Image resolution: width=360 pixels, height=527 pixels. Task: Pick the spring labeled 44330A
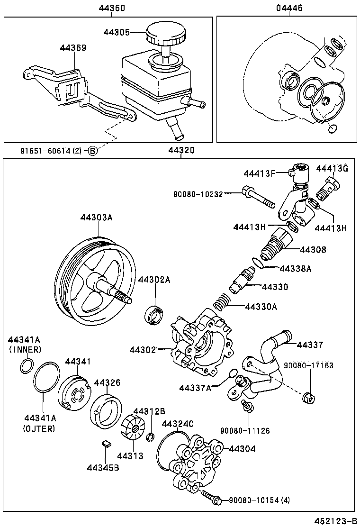[x=220, y=302]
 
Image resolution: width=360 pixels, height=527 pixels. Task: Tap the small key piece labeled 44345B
[x=107, y=444]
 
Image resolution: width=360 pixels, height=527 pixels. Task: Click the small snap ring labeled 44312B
[x=150, y=436]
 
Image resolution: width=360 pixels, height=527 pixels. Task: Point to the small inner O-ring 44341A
[x=27, y=365]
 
